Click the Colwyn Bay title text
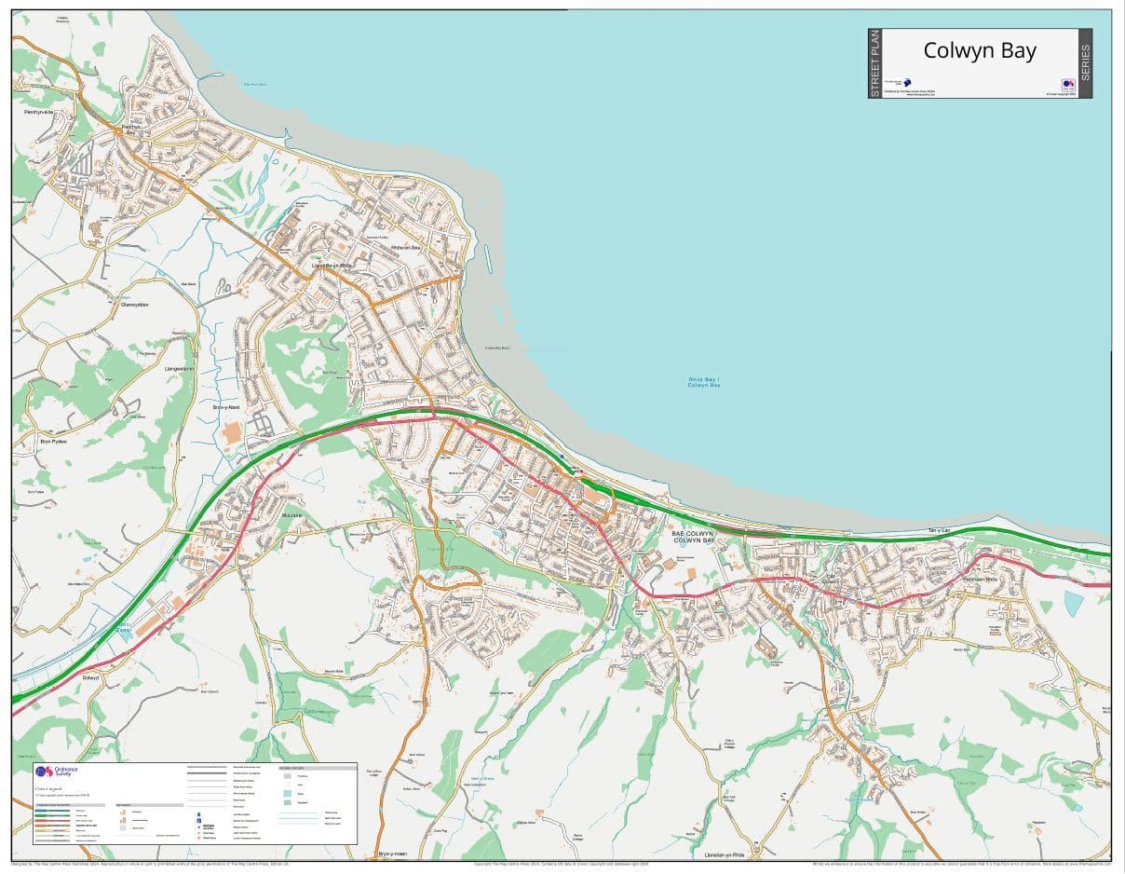point(979,50)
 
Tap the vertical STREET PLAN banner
point(874,63)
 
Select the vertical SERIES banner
point(1085,62)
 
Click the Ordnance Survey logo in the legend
point(58,772)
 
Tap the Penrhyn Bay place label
point(129,130)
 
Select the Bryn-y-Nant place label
point(227,407)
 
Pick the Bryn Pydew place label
point(55,439)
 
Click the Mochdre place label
point(291,514)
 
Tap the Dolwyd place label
point(89,677)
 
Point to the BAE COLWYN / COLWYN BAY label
point(693,538)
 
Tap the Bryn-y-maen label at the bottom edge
point(392,854)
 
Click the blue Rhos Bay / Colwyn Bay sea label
point(703,382)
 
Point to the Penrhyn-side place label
point(38,112)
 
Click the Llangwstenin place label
point(179,368)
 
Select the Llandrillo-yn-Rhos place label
point(332,265)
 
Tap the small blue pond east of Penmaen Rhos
point(1073,604)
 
